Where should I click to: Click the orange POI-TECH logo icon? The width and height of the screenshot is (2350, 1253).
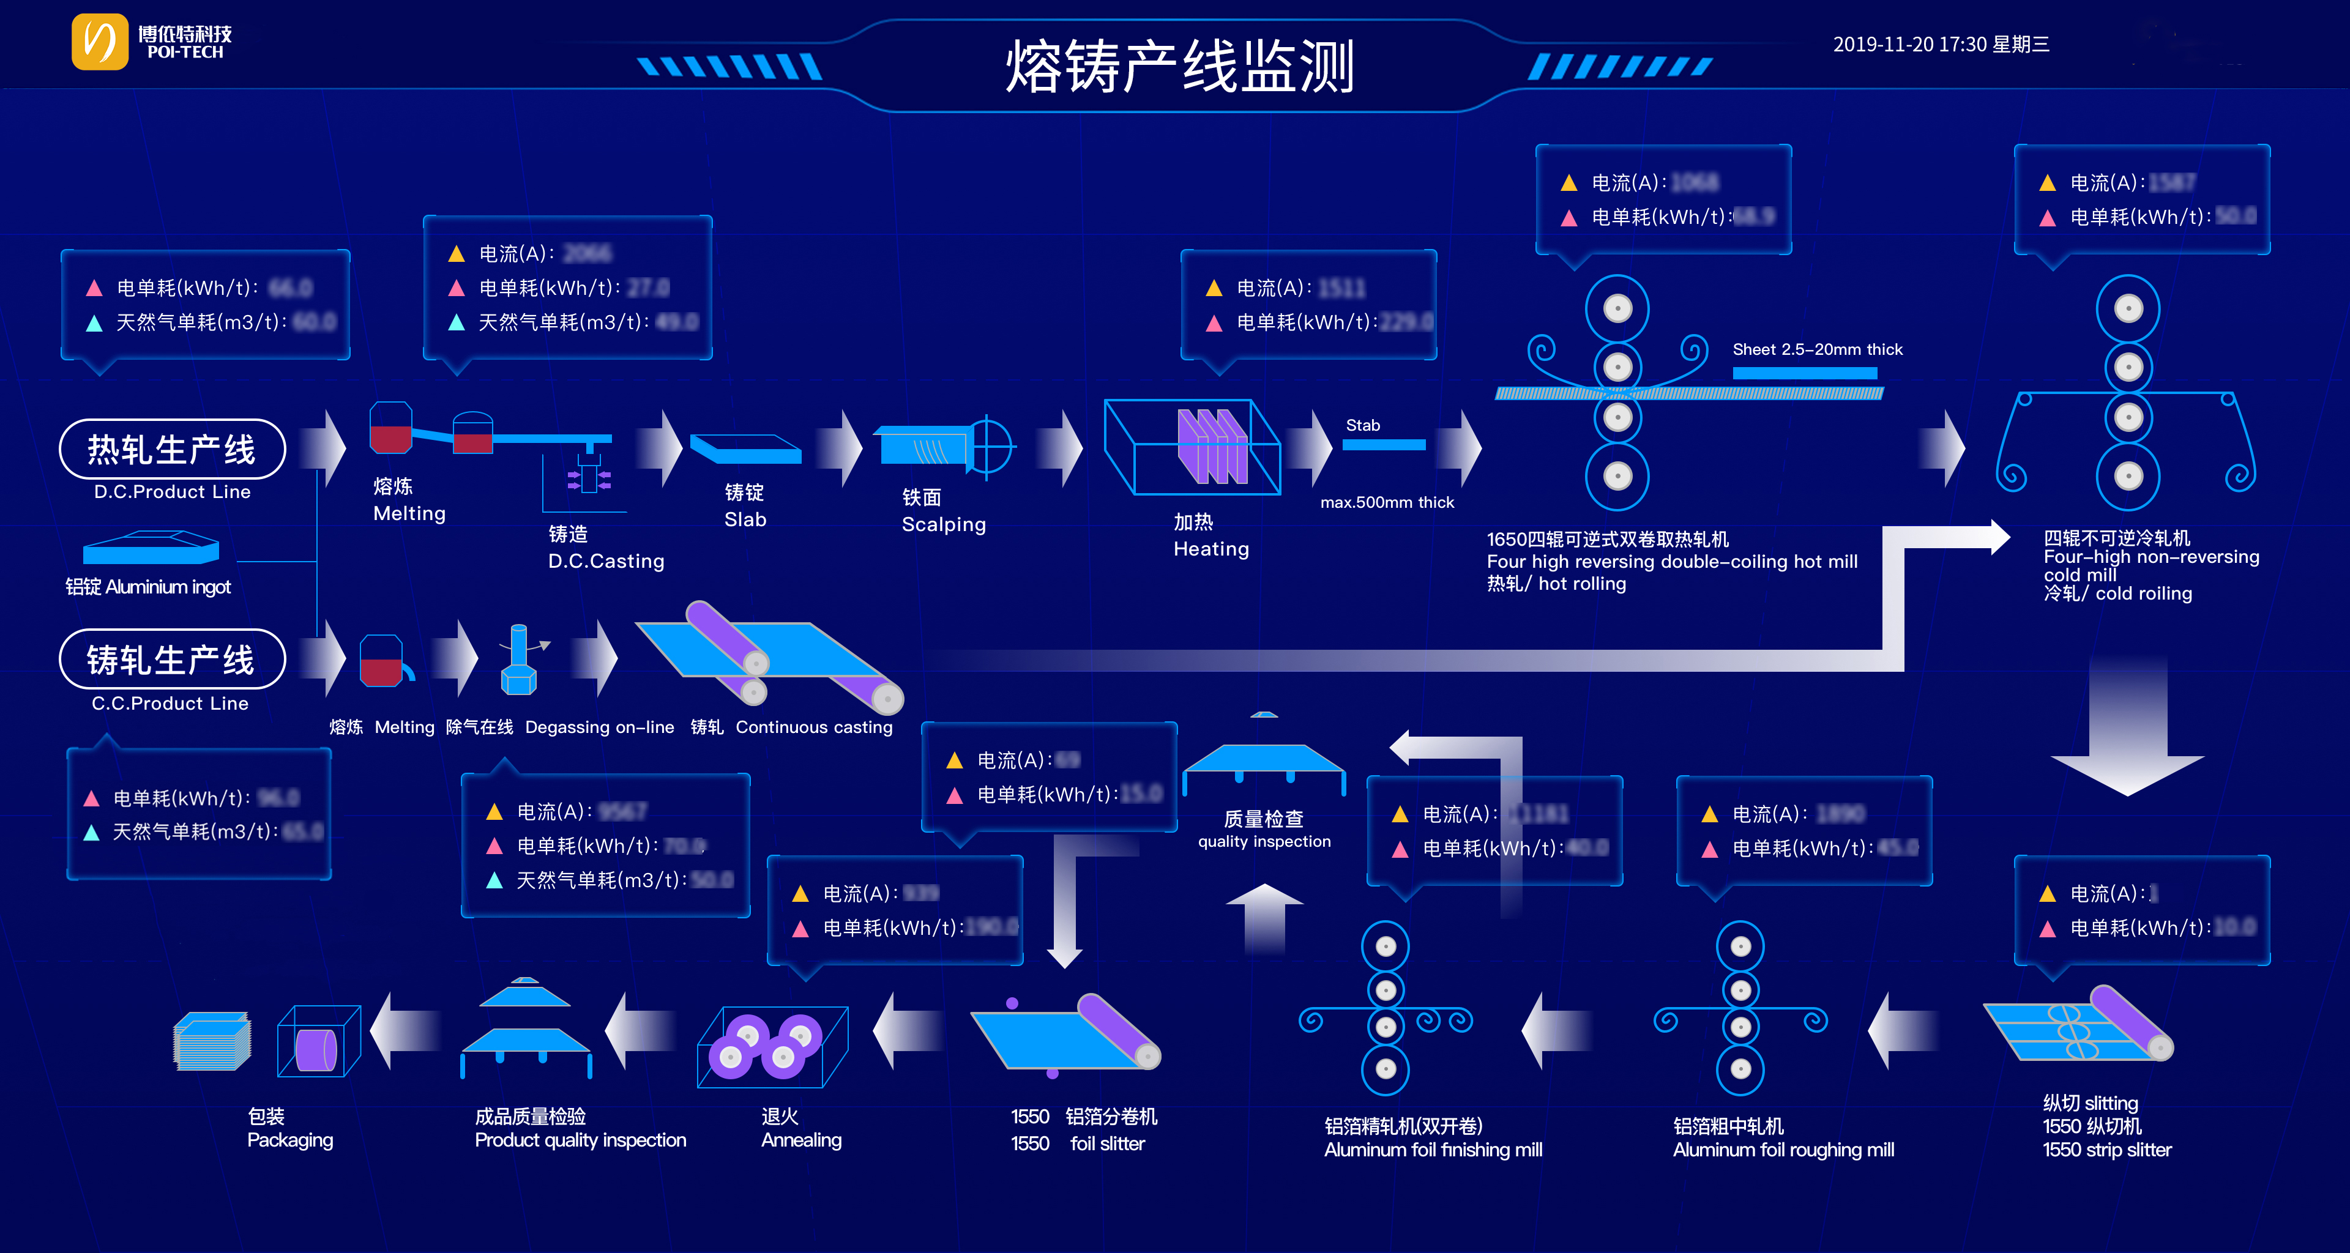click(x=99, y=41)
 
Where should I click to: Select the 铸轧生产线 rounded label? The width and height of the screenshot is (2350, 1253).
click(x=171, y=660)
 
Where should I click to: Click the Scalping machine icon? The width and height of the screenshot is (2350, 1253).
click(x=944, y=447)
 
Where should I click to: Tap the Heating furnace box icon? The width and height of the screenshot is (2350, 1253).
click(x=1192, y=447)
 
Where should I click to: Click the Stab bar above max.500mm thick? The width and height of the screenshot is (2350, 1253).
click(x=1383, y=444)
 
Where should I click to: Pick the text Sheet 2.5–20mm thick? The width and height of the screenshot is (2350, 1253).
click(x=1817, y=349)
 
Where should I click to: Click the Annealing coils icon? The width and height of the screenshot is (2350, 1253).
click(x=772, y=1046)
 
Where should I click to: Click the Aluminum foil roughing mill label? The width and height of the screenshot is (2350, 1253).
click(x=1783, y=1149)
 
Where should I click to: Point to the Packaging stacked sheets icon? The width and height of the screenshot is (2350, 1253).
click(x=212, y=1041)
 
